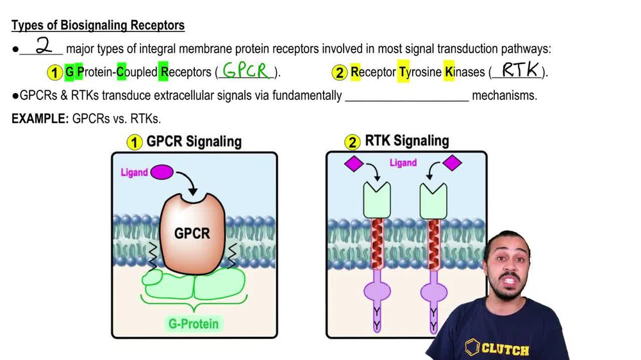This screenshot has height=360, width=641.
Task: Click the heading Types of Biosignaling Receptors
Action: pyautogui.click(x=98, y=26)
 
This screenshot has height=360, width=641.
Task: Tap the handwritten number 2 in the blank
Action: pyautogui.click(x=43, y=47)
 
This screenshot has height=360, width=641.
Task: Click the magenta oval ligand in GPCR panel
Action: pyautogui.click(x=161, y=172)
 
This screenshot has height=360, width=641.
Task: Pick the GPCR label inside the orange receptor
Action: pyautogui.click(x=192, y=233)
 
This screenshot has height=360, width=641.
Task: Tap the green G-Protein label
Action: pyautogui.click(x=193, y=323)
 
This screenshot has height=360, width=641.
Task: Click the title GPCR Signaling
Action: pyautogui.click(x=194, y=142)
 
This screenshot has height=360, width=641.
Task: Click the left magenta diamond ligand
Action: pyautogui.click(x=354, y=164)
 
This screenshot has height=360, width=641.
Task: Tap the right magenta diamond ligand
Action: pyautogui.click(x=453, y=163)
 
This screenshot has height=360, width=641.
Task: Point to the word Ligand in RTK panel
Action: pyautogui.click(x=403, y=163)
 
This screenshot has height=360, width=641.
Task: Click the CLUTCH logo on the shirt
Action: pyautogui.click(x=497, y=348)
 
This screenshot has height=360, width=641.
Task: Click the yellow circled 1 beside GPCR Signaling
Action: pyautogui.click(x=133, y=142)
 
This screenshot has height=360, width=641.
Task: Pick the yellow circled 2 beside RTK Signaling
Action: pyautogui.click(x=353, y=142)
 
